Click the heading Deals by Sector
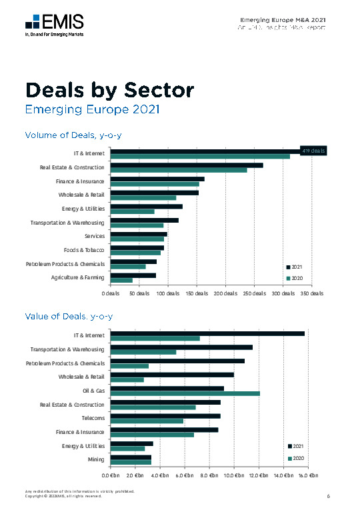109,90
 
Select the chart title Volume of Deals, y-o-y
73,135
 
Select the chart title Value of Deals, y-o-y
69,315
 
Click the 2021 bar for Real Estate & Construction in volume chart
187,165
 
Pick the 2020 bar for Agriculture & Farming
121,280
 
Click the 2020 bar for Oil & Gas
185,393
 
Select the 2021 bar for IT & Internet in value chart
207,333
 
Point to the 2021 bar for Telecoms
165,415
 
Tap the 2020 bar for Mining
131,462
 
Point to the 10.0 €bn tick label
233,475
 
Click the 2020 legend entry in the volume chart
295,278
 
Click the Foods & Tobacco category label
84,250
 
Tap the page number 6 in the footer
329,495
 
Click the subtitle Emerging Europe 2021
92,109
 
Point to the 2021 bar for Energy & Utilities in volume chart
146,206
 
